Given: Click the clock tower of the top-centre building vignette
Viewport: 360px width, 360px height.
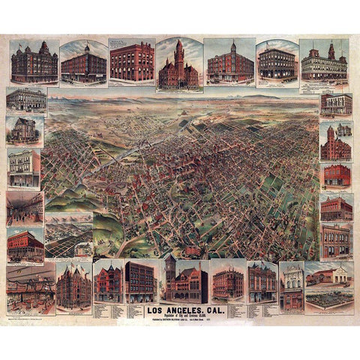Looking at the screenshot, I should [180, 50].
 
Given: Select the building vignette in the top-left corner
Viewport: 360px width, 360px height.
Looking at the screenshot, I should [34, 62].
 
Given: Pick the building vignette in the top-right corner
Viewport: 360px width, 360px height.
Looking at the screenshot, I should [323, 63].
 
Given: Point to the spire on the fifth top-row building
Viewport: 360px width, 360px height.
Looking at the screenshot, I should [233, 46].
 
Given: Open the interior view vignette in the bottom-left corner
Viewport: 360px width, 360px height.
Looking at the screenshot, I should [31, 288].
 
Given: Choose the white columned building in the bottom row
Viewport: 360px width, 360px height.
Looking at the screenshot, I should [290, 285].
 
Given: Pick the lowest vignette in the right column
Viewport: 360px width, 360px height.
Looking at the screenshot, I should [336, 241].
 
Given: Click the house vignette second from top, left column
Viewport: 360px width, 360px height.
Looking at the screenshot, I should [24, 130].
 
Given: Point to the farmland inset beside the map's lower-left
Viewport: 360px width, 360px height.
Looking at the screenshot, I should [68, 236].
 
